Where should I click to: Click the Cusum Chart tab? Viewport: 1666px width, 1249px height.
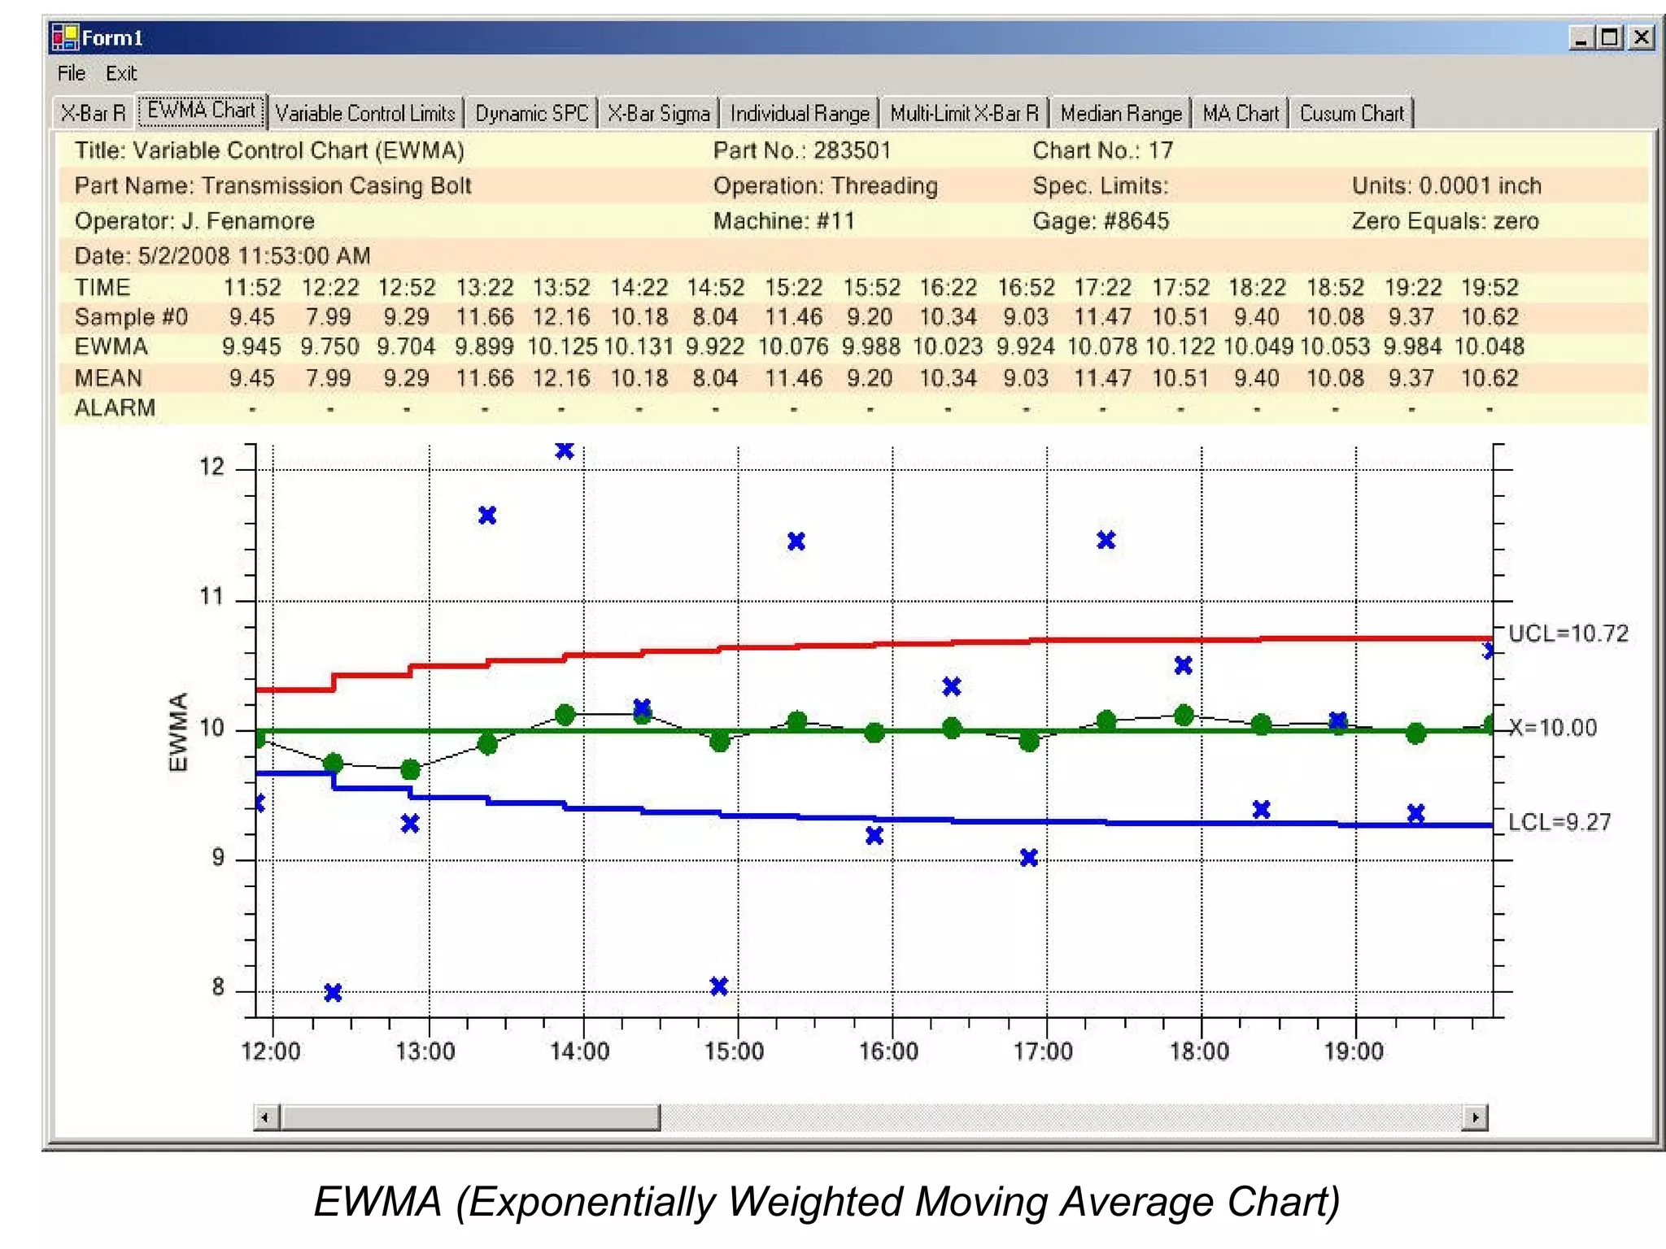pos(1351,114)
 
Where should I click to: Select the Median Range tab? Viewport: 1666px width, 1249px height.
pos(1120,114)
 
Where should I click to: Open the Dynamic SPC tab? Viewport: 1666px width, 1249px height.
pos(531,114)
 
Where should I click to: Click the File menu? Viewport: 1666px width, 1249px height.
pos(71,73)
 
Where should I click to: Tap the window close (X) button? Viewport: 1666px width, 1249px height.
pos(1642,37)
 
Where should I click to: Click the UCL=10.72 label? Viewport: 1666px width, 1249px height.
pos(1568,633)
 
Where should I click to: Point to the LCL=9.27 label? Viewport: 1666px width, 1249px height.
pos(1559,822)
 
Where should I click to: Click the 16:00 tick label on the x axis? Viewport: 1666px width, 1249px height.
pos(888,1051)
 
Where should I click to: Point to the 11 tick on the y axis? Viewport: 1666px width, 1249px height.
pos(212,597)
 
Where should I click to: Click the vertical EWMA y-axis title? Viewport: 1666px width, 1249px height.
pos(178,732)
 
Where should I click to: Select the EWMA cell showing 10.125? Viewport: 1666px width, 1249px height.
pos(561,347)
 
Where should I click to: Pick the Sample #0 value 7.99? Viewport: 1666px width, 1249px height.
pos(329,317)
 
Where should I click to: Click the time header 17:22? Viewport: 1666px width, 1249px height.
pos(1102,288)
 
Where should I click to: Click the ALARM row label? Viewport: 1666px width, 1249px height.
pos(115,408)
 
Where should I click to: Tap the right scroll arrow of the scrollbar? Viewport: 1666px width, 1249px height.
pos(1475,1117)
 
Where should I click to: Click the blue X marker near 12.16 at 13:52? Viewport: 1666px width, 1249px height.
pos(565,450)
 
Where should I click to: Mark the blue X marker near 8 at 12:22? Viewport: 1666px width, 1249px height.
pos(333,993)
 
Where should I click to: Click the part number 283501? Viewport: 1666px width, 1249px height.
pos(852,150)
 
